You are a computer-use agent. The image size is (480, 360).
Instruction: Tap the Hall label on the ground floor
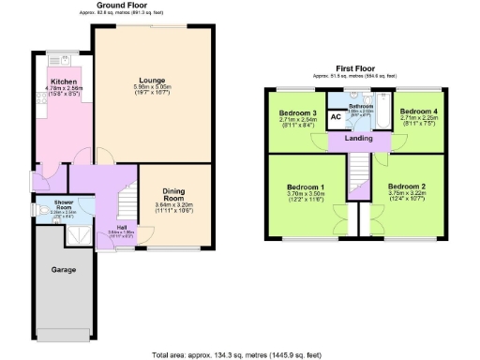pos(122,227)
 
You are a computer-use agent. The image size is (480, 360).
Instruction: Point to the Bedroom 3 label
pos(296,112)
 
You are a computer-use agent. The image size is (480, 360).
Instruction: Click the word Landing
pos(359,139)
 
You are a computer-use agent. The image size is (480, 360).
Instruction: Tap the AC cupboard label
pos(336,117)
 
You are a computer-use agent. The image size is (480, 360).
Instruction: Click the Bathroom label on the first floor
pos(361,107)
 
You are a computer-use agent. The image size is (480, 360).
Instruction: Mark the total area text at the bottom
pos(240,354)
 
